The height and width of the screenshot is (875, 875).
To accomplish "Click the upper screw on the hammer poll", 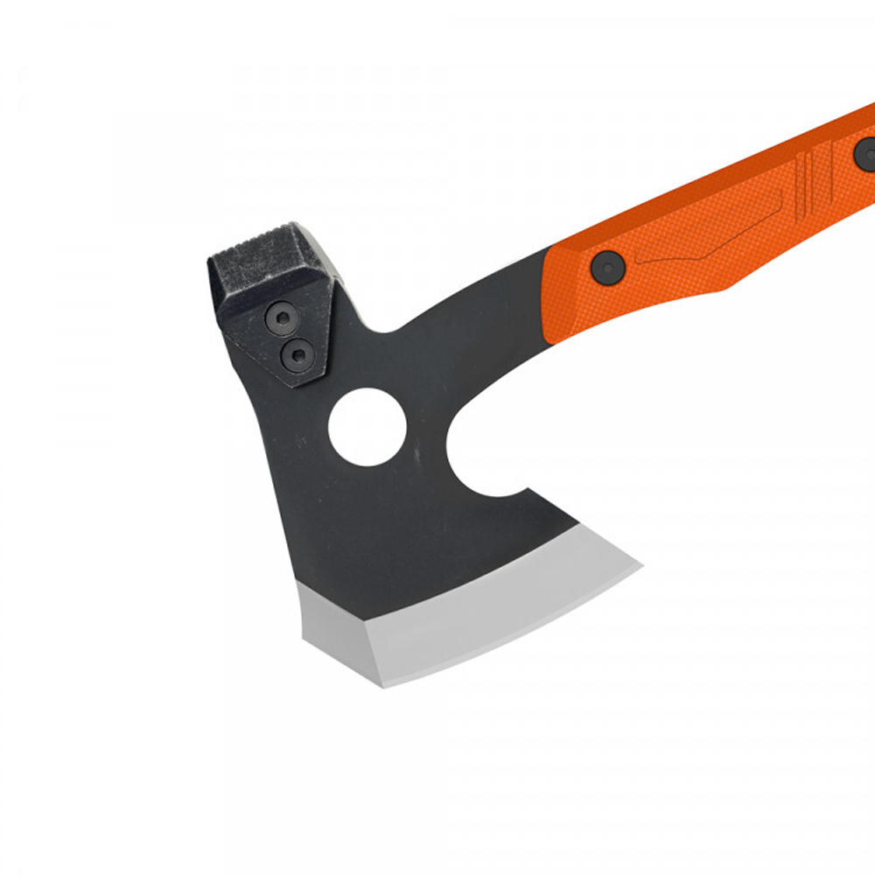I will [283, 317].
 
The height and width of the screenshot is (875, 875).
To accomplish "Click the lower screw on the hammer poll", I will [298, 353].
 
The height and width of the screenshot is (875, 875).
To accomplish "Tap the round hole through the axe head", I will [367, 427].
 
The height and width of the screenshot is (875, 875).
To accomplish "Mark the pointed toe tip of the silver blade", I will [639, 567].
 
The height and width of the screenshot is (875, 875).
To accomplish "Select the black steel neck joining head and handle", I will [472, 332].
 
